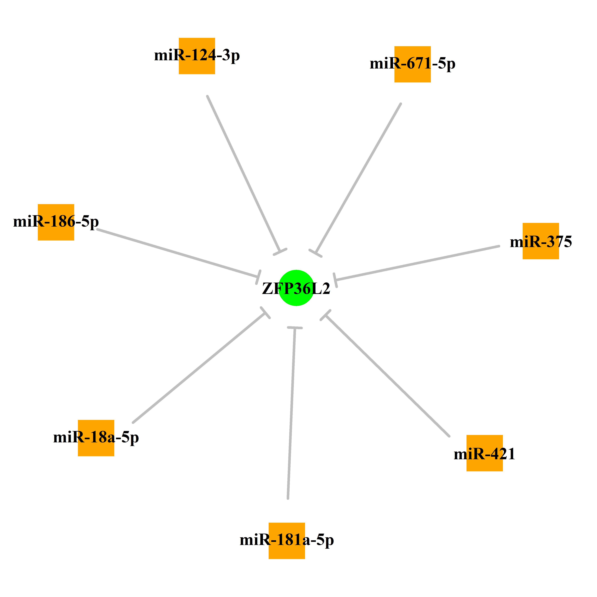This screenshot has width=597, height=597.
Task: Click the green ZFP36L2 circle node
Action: click(x=296, y=288)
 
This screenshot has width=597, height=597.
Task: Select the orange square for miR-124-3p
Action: click(x=197, y=56)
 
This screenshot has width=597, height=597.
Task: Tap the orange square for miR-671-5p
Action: click(x=412, y=64)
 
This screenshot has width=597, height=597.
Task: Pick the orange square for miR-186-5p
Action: click(x=56, y=222)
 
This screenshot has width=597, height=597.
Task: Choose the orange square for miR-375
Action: click(x=541, y=241)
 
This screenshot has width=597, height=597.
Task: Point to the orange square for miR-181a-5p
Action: click(x=287, y=541)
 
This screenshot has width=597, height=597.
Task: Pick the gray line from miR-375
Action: click(x=417, y=263)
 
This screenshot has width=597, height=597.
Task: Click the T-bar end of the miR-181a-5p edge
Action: click(x=295, y=327)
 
